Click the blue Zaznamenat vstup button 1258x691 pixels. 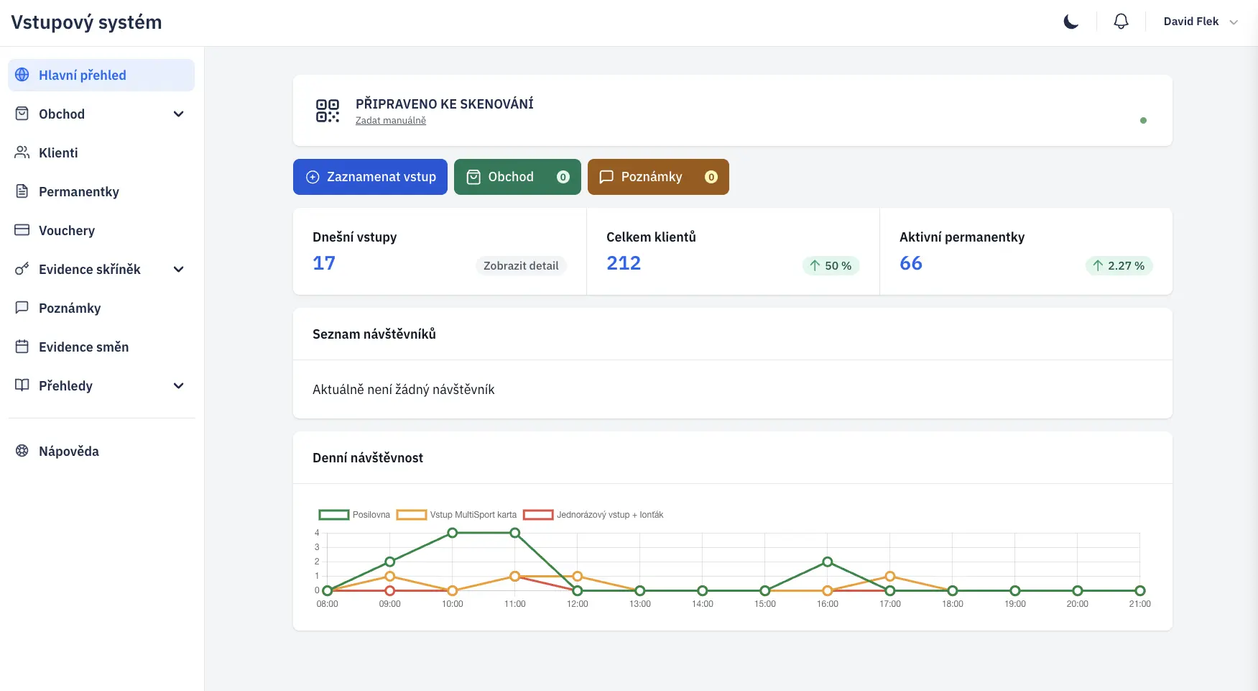pos(370,177)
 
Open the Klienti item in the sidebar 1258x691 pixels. pos(58,153)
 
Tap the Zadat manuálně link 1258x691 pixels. pos(390,121)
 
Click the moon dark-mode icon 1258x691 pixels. pos(1070,22)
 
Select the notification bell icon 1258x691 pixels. pos(1121,22)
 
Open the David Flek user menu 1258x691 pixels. pos(1200,22)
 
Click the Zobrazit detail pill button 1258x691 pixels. pos(521,266)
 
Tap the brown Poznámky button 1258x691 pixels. pos(657,177)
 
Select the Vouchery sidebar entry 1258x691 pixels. pos(66,231)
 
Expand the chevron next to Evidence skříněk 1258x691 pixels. pos(179,270)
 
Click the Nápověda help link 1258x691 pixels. pos(68,452)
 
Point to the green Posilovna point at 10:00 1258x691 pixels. pos(453,533)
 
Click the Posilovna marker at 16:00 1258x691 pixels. pos(828,562)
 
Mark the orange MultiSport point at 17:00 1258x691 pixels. pos(890,576)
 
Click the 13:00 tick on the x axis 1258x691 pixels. pos(640,604)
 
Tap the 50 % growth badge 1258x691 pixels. pos(831,266)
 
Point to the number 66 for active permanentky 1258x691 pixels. pos(910,263)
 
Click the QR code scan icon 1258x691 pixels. pos(328,111)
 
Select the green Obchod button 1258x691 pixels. pos(517,177)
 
